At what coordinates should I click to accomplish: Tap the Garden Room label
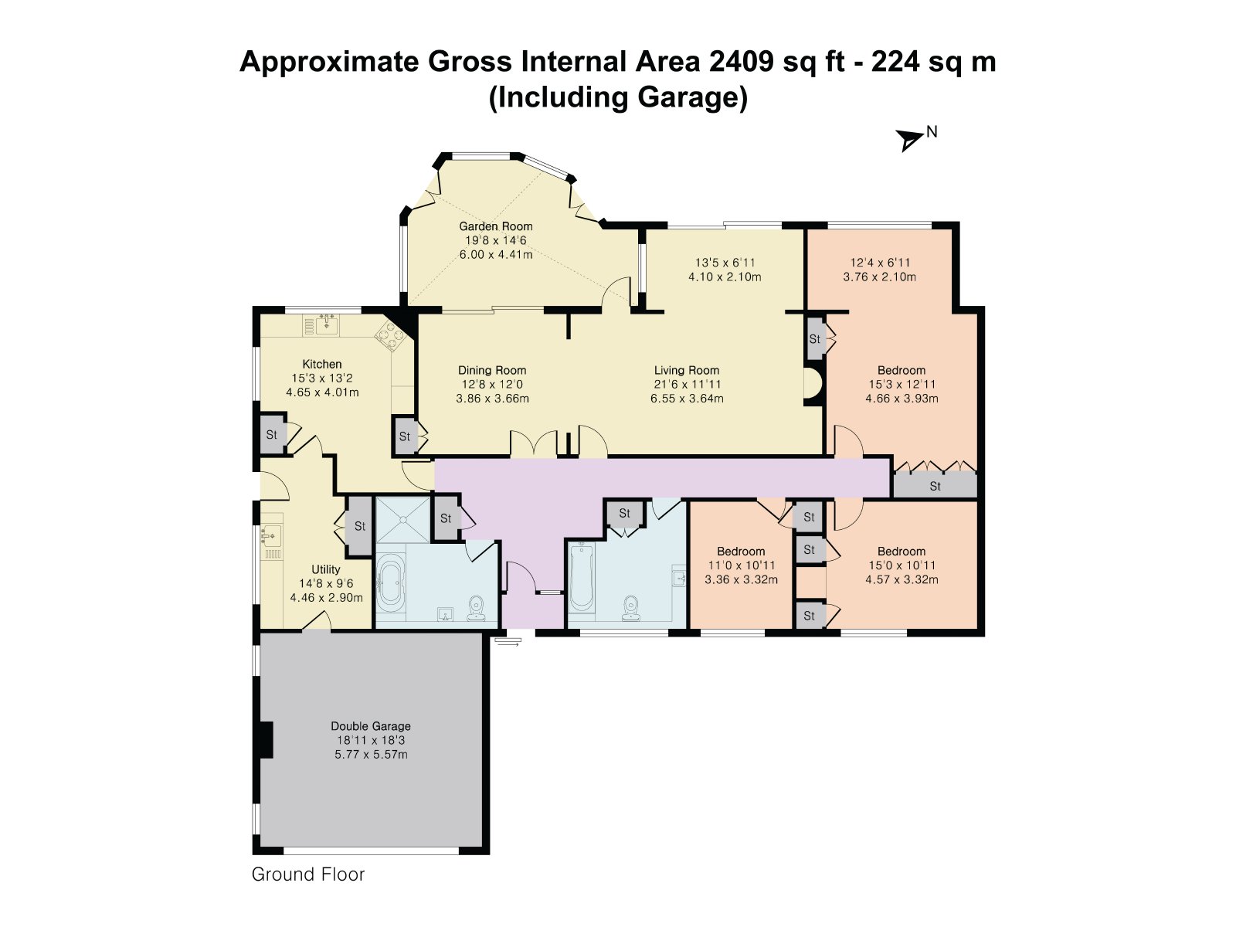tap(495, 226)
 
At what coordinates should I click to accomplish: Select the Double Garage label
tap(371, 726)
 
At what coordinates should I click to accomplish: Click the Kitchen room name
tap(322, 364)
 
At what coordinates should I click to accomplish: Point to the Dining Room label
tap(492, 370)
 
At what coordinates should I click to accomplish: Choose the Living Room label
tap(687, 370)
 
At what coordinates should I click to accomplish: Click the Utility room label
tap(326, 569)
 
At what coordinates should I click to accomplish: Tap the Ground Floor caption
tap(308, 874)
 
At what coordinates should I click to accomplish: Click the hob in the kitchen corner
tap(391, 336)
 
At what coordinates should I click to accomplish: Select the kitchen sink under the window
tap(321, 325)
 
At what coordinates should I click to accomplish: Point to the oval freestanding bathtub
tap(391, 582)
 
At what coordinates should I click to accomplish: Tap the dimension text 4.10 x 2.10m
tap(725, 277)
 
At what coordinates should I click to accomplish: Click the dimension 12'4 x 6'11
tap(880, 263)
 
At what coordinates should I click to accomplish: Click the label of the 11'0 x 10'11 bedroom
tap(741, 551)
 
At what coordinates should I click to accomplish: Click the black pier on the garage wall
tap(267, 739)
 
